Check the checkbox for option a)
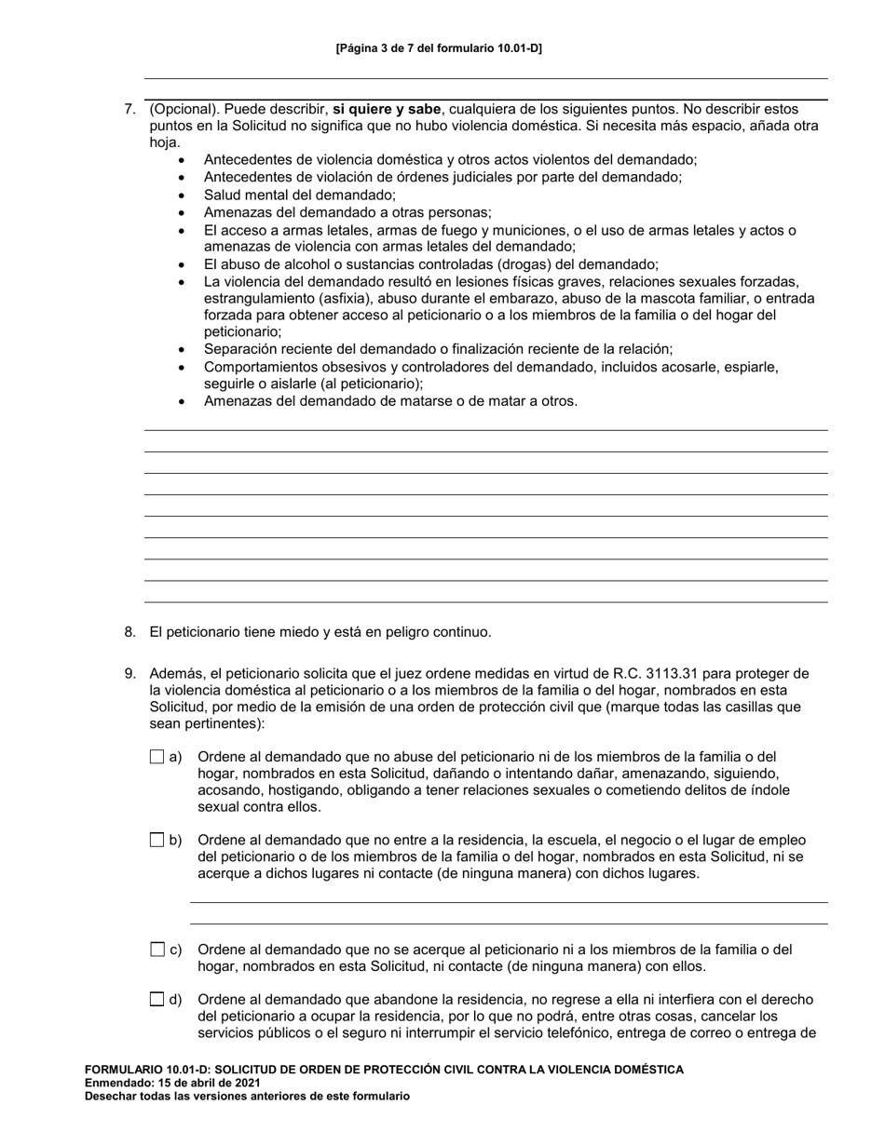[x=157, y=757]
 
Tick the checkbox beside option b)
[x=157, y=840]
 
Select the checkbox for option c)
[x=157, y=950]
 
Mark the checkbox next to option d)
[x=157, y=999]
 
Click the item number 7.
[x=130, y=109]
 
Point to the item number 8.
[x=130, y=632]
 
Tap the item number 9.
[x=130, y=673]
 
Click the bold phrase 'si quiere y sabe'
[x=387, y=109]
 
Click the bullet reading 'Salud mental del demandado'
[x=299, y=195]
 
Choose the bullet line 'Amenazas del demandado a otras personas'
[x=347, y=212]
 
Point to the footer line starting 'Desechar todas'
[x=247, y=1096]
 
